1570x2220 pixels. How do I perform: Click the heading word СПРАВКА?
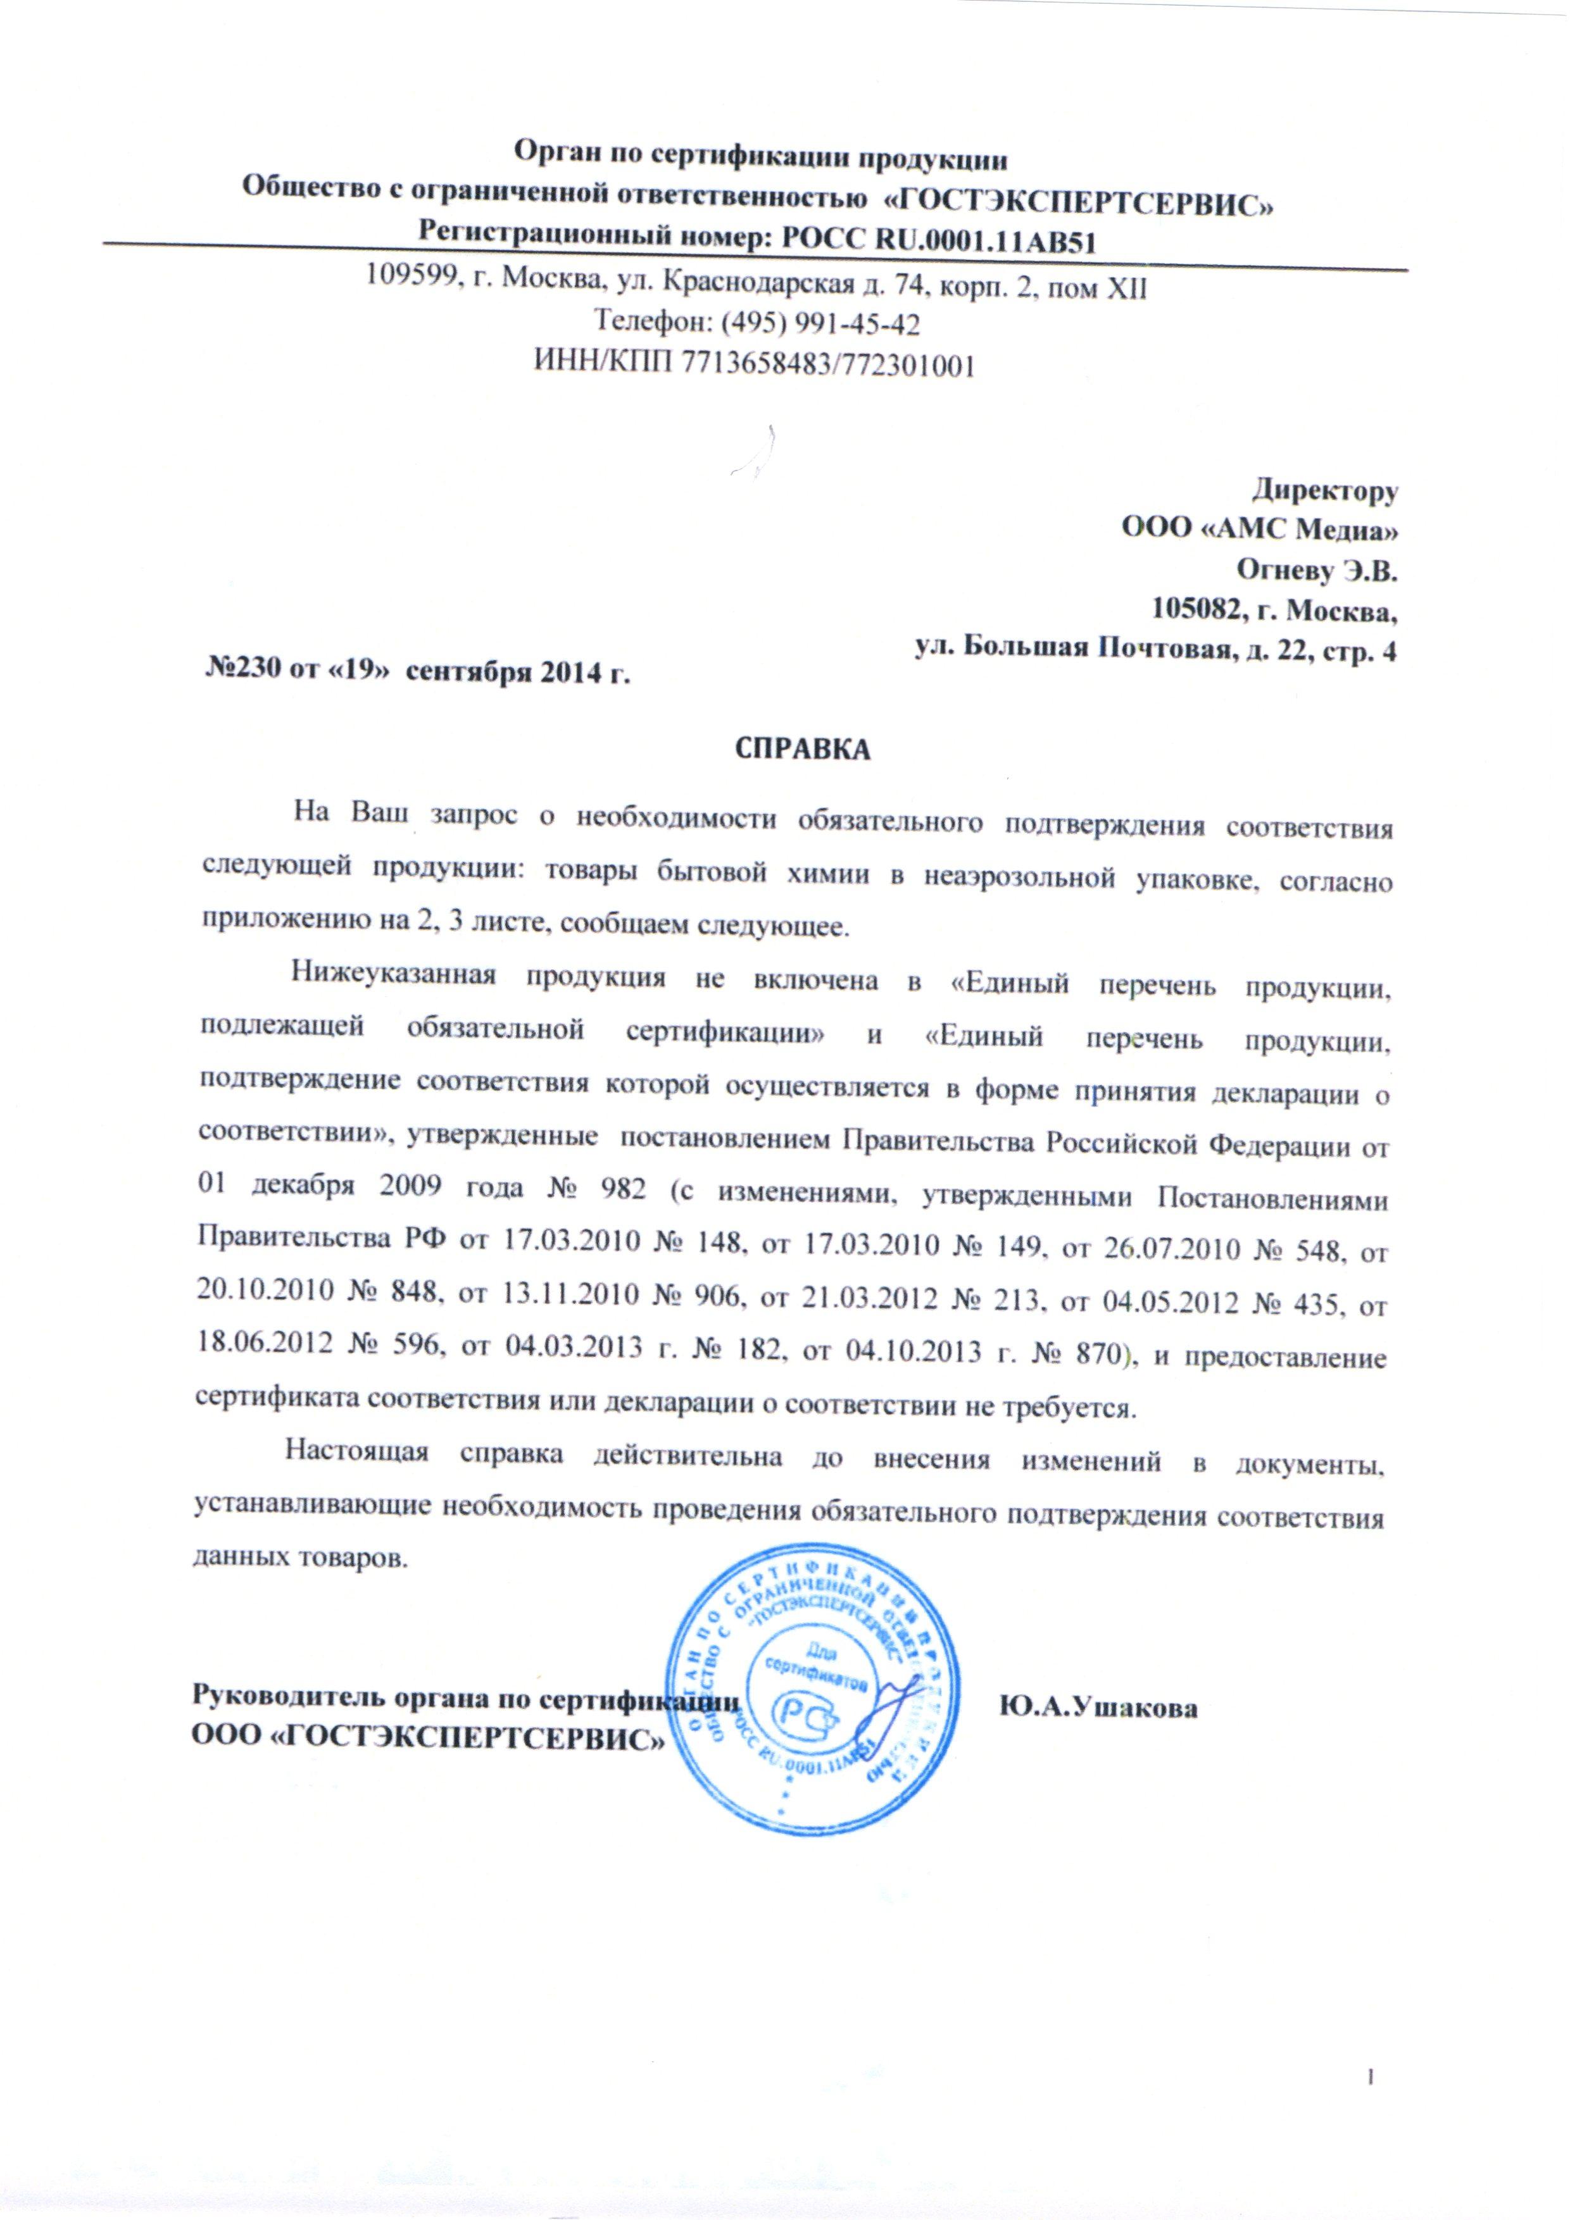pos(799,749)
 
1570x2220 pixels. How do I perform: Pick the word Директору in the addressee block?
pos(1325,489)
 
